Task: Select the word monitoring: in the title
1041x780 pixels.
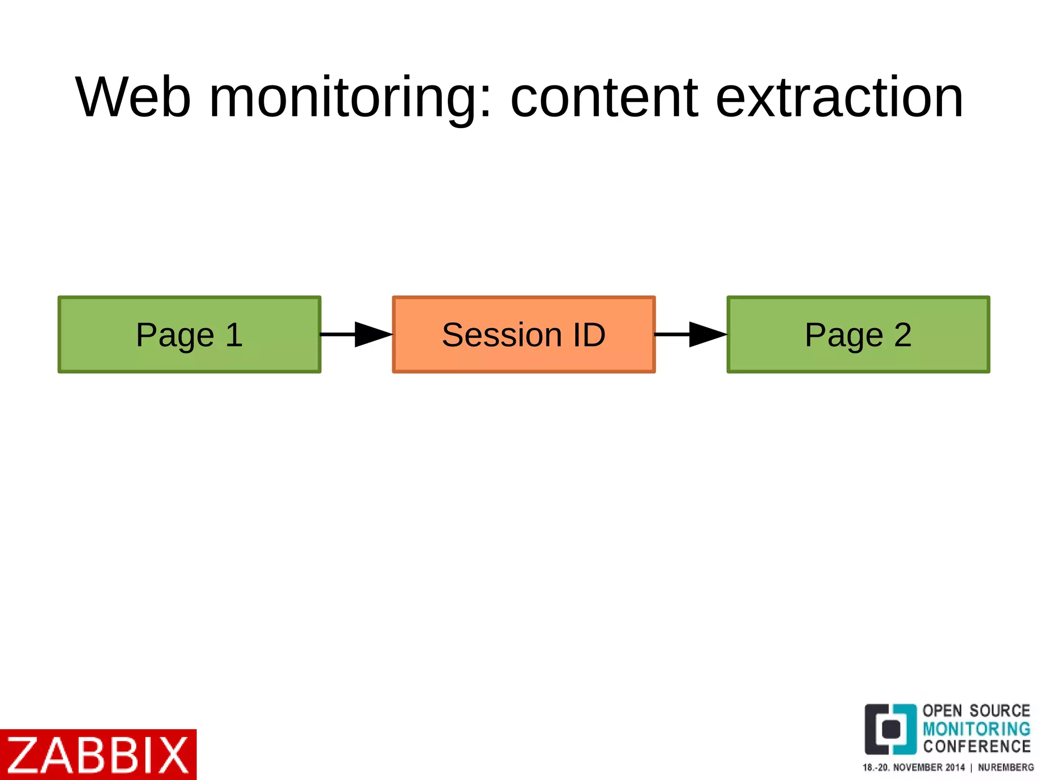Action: pos(350,98)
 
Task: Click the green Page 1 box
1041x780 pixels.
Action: pos(189,334)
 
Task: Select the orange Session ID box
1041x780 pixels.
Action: pos(524,334)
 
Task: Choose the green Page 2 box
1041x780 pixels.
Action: pos(858,334)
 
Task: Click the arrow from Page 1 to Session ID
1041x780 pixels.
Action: pos(356,334)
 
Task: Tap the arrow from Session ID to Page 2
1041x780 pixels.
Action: pos(691,334)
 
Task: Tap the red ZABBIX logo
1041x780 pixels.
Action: pos(98,755)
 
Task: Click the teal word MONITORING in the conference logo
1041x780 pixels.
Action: pos(976,729)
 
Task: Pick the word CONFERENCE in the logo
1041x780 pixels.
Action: pos(976,746)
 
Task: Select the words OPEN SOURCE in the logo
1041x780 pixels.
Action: pos(976,710)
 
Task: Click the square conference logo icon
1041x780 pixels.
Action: pos(890,729)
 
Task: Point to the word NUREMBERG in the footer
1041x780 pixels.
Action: pos(1006,767)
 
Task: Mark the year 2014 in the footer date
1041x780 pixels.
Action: pos(955,767)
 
